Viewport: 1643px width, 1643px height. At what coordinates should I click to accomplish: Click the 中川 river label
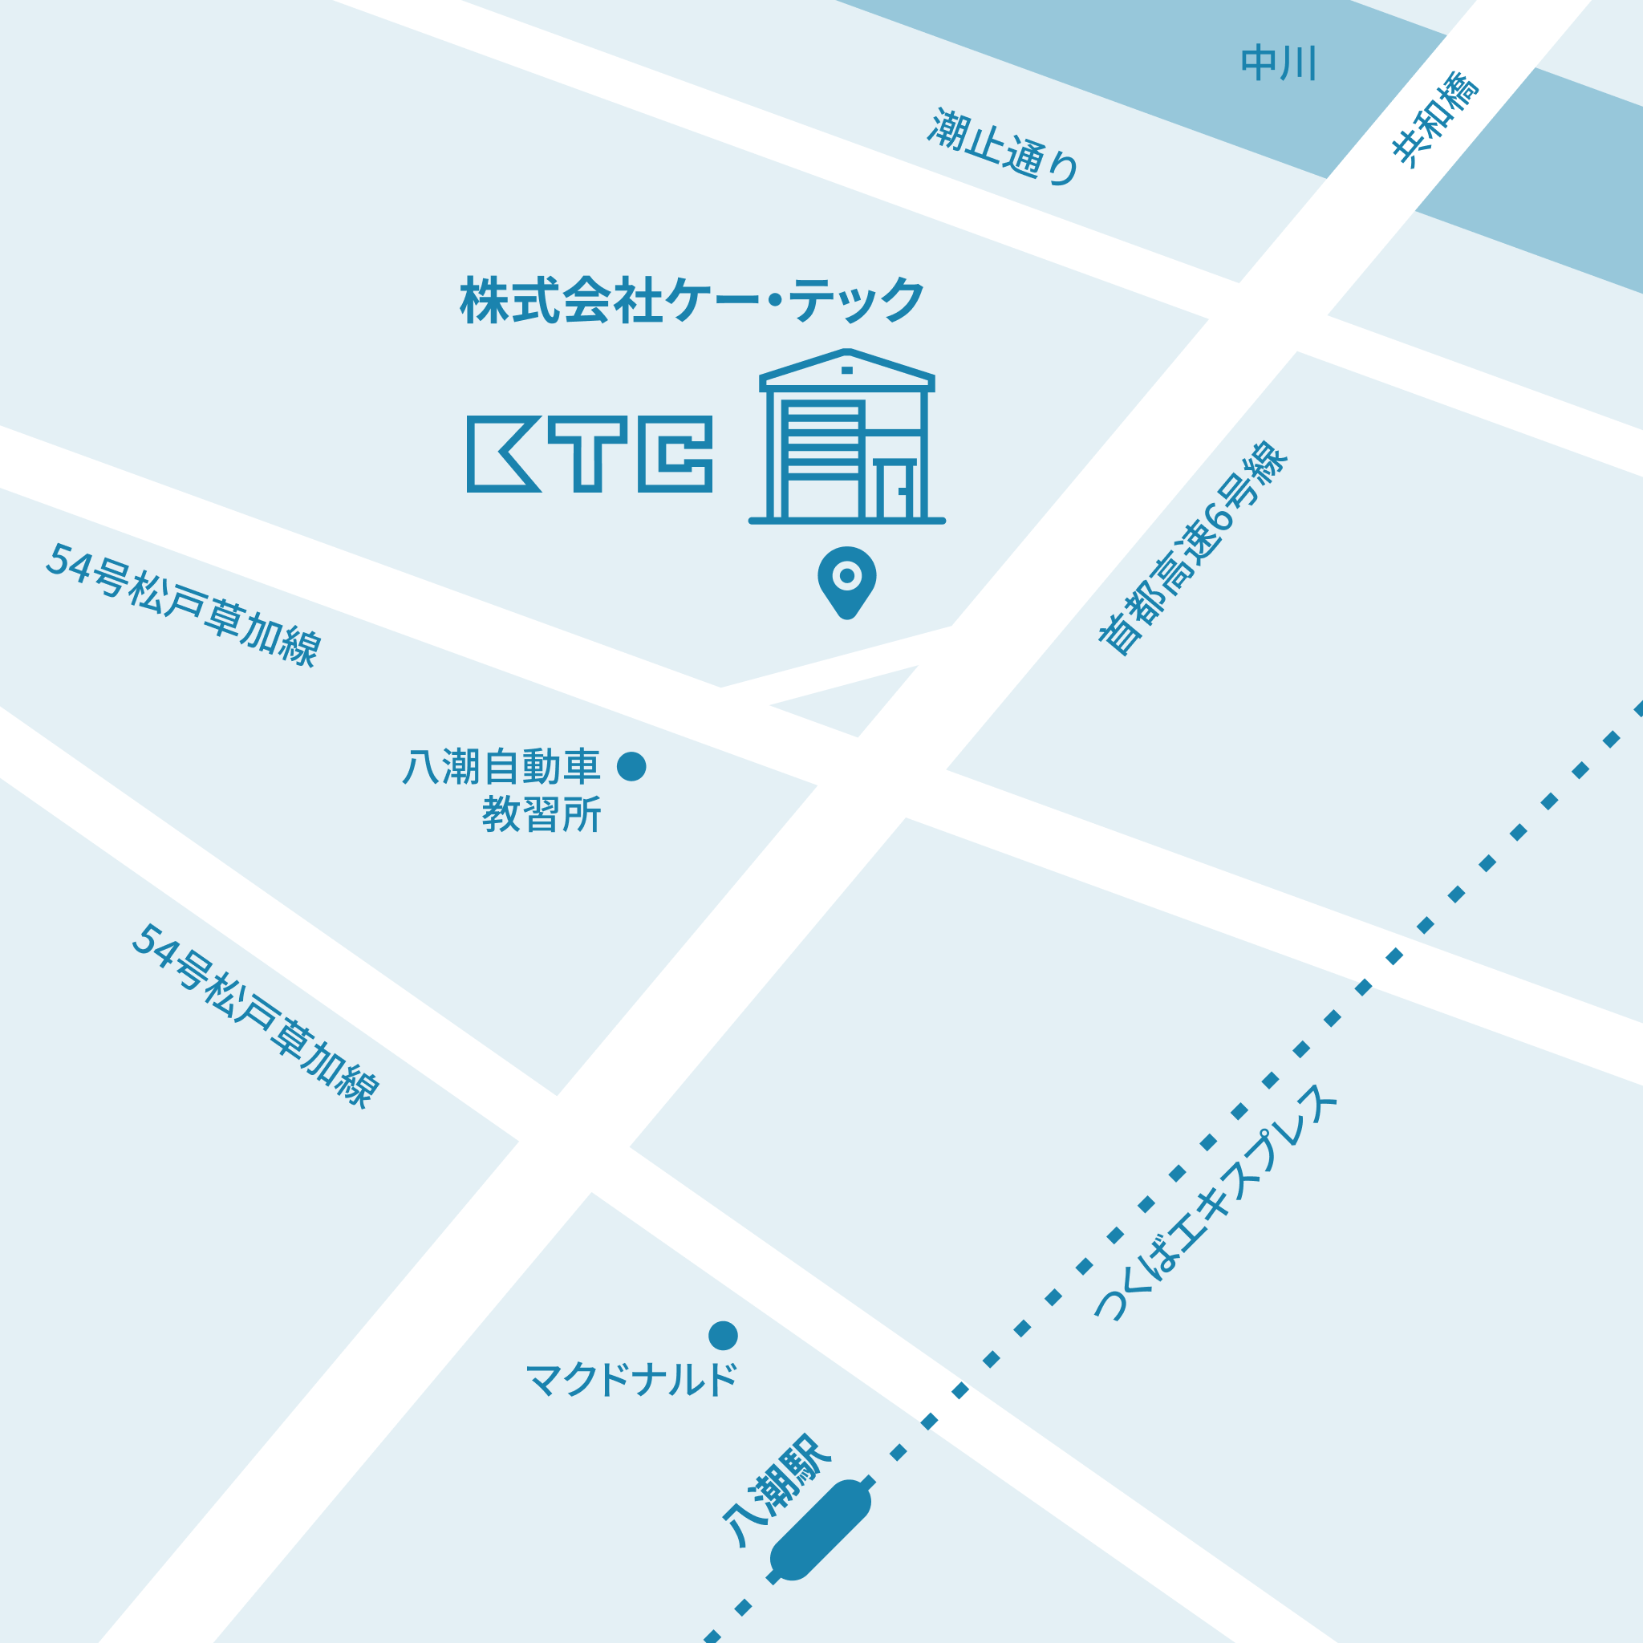point(1278,63)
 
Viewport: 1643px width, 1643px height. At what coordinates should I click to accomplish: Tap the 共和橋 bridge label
point(1435,119)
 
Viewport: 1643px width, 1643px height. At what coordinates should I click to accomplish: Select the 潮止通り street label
point(1004,146)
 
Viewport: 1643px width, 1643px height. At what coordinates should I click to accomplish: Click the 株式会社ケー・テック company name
point(692,300)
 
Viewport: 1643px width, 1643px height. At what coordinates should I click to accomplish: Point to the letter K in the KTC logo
point(501,454)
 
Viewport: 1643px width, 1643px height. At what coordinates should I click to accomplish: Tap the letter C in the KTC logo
point(675,454)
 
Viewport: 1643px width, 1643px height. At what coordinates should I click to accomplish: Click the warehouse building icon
point(847,437)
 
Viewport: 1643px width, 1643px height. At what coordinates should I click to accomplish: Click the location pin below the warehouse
point(847,580)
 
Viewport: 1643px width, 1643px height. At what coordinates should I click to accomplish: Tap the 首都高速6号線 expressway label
point(1193,549)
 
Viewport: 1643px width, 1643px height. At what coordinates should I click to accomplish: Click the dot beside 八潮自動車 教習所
point(631,766)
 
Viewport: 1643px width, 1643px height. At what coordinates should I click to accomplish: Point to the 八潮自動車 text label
point(501,766)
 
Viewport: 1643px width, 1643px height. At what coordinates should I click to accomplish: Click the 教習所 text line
point(542,813)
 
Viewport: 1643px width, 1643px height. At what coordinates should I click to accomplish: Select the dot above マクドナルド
point(723,1335)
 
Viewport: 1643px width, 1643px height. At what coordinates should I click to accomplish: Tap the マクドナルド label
point(632,1379)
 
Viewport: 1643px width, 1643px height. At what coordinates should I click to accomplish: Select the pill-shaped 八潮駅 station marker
point(821,1529)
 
